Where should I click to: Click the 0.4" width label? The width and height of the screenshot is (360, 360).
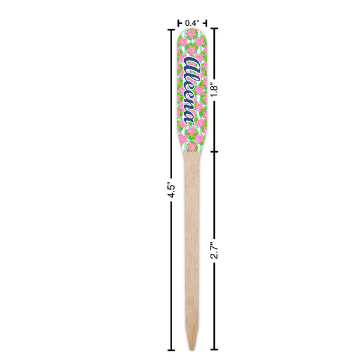(192, 23)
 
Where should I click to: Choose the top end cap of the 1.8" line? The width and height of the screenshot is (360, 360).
(215, 28)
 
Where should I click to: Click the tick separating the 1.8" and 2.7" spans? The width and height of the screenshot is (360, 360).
(215, 151)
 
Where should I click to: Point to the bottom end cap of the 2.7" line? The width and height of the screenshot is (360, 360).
(215, 350)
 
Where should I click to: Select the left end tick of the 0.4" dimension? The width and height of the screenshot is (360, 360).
(179, 23)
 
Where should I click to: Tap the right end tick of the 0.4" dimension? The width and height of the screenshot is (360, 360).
(205, 23)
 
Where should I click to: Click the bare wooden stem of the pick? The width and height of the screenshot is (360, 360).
(192, 240)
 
